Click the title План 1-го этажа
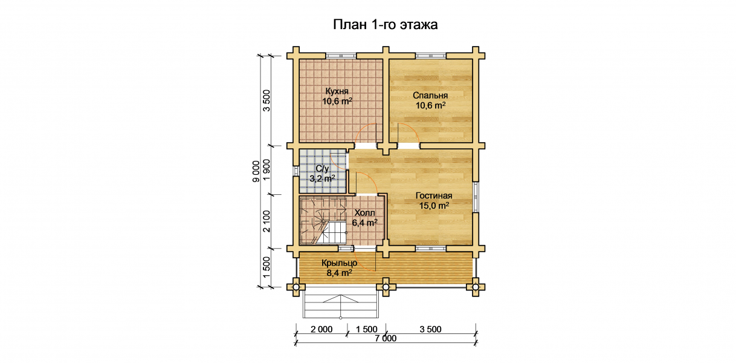pyautogui.click(x=385, y=25)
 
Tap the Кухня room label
pyautogui.click(x=337, y=91)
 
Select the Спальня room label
pyautogui.click(x=430, y=96)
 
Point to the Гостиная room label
pyautogui.click(x=434, y=195)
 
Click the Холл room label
pyautogui.click(x=364, y=212)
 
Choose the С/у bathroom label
pyautogui.click(x=322, y=169)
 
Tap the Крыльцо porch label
pyautogui.click(x=339, y=263)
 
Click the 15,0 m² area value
pyautogui.click(x=434, y=206)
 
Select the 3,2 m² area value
pyautogui.click(x=322, y=178)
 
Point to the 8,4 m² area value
pyautogui.click(x=340, y=273)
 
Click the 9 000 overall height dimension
pyautogui.click(x=256, y=171)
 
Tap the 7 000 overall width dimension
pyautogui.click(x=386, y=338)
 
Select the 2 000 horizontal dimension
pyautogui.click(x=321, y=329)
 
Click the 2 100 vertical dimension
pyautogui.click(x=266, y=221)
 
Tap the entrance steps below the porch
pyautogui.click(x=341, y=302)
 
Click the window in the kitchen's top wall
pyautogui.click(x=341, y=56)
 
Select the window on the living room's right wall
pyautogui.click(x=476, y=197)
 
